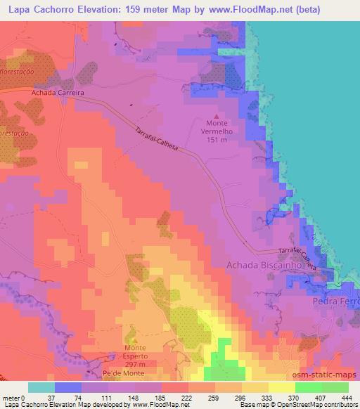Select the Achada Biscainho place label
[264, 266]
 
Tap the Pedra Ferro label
[335, 301]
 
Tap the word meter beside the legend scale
[10, 398]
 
